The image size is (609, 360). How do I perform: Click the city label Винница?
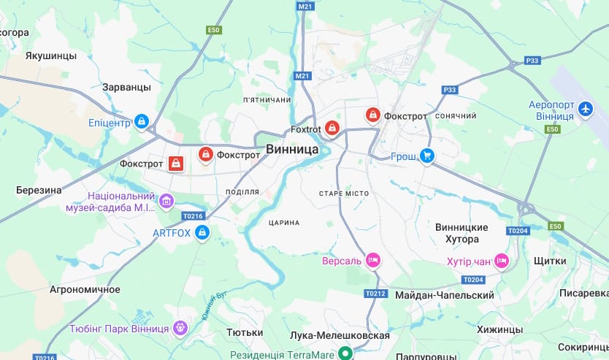click(x=292, y=149)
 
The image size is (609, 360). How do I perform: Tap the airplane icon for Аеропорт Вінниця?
click(x=584, y=110)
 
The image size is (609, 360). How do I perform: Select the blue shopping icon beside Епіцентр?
click(x=142, y=120)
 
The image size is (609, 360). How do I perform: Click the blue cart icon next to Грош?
click(x=427, y=156)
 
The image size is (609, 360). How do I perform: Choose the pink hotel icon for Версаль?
click(x=373, y=260)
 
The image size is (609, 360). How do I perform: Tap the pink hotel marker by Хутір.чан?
click(x=501, y=260)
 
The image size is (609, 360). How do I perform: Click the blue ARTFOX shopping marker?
click(x=202, y=233)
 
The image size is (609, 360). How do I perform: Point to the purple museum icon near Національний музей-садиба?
click(x=166, y=201)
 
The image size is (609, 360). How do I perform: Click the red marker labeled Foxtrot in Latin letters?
click(x=332, y=129)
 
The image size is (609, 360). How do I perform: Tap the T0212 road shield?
click(x=374, y=294)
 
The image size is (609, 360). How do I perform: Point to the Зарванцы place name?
click(x=126, y=87)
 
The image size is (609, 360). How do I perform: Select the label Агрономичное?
click(x=85, y=289)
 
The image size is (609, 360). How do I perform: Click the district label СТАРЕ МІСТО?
click(x=344, y=194)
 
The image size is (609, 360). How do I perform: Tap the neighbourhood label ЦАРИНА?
click(x=284, y=223)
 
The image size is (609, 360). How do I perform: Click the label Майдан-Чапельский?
click(x=444, y=295)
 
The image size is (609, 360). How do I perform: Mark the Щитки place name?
click(x=550, y=261)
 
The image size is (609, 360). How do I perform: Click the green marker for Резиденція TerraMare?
click(x=346, y=354)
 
